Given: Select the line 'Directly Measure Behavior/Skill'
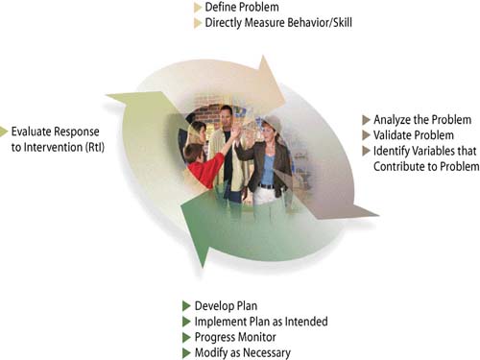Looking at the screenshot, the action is pyautogui.click(x=278, y=22).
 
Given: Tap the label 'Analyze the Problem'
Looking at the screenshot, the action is pyautogui.click(x=423, y=120).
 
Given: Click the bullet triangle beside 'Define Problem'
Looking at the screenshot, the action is pyautogui.click(x=198, y=7).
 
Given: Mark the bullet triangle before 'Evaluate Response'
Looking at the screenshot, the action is pyautogui.click(x=5, y=131).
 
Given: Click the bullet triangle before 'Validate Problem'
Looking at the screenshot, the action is pyautogui.click(x=366, y=135).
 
